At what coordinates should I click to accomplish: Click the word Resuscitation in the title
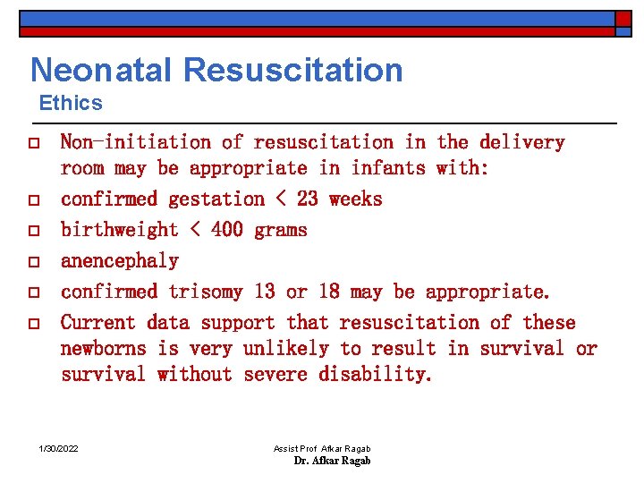tap(301, 70)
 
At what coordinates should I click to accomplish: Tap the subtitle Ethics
tap(71, 103)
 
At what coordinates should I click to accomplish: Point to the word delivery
tap(522, 142)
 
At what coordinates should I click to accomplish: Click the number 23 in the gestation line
tap(307, 199)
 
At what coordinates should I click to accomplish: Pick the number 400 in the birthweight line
tap(227, 230)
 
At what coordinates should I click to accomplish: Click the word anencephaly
tap(119, 261)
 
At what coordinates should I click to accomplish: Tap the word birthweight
tap(119, 230)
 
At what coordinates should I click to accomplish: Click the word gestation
tap(211, 199)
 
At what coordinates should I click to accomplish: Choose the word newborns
tap(108, 349)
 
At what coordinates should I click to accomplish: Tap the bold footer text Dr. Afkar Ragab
tap(332, 461)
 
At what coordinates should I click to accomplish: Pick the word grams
tap(281, 230)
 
